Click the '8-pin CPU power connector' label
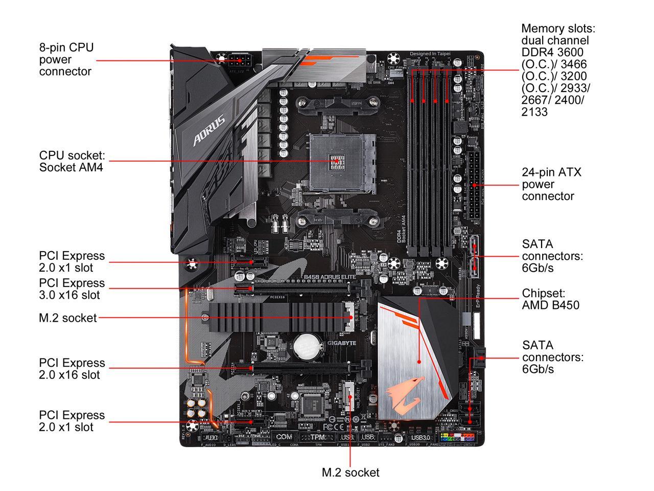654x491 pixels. [66, 59]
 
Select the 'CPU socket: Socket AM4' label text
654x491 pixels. [72, 161]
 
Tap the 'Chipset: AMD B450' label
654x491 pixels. [550, 300]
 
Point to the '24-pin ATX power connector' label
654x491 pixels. [551, 184]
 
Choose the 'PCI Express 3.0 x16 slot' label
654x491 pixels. [72, 289]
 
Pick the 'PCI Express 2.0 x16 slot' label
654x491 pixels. [72, 369]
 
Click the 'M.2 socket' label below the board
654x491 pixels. [351, 473]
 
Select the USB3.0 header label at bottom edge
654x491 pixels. [419, 437]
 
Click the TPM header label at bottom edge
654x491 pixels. [318, 437]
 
